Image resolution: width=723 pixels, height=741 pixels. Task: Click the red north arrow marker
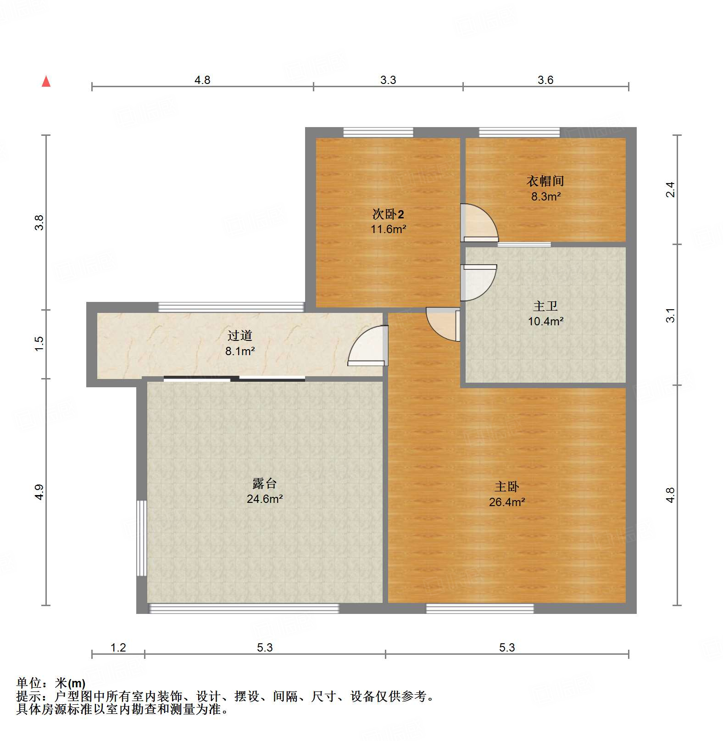point(46,81)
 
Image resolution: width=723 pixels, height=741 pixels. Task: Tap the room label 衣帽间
point(545,181)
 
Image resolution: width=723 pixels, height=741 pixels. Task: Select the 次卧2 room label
point(388,214)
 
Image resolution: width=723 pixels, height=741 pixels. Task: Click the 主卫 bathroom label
point(545,306)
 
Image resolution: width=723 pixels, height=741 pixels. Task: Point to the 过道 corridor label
point(239,335)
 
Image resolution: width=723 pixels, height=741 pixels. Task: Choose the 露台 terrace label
point(264,483)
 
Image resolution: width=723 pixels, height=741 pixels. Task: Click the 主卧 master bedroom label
point(506,486)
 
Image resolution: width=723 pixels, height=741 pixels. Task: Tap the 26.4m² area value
point(506,502)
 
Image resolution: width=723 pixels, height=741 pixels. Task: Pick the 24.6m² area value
point(264,499)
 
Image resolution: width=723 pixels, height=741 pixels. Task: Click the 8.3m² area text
point(545,196)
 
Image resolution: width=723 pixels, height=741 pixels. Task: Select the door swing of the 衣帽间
point(479,223)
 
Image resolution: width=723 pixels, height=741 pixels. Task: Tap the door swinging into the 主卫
point(478,282)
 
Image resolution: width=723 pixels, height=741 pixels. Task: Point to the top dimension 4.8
point(202,80)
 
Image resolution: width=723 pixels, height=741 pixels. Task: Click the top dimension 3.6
point(545,80)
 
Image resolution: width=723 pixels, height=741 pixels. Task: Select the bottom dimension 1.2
point(118,647)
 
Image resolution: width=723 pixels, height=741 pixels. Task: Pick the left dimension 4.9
point(39,492)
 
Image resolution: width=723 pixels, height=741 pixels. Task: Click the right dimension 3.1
point(670,315)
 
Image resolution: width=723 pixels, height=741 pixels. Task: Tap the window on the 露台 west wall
point(142,538)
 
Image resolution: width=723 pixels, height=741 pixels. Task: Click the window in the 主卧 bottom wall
point(479,609)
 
